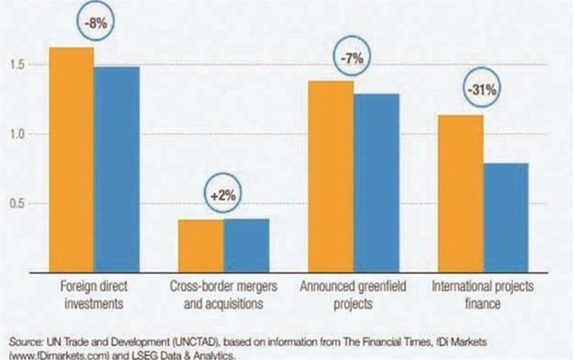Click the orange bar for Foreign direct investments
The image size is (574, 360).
coord(71,159)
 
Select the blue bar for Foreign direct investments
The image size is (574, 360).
coord(117,169)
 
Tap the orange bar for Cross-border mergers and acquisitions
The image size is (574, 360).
coord(200,245)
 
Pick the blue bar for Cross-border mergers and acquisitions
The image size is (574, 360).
coord(246,245)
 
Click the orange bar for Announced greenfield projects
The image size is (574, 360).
coord(331,176)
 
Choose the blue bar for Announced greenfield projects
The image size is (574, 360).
coord(377,182)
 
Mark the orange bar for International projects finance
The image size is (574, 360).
coord(460,193)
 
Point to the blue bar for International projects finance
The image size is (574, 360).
coord(506,217)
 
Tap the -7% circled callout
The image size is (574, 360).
coord(354,59)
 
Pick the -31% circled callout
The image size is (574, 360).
coord(484,90)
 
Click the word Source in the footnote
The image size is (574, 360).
coord(25,342)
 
